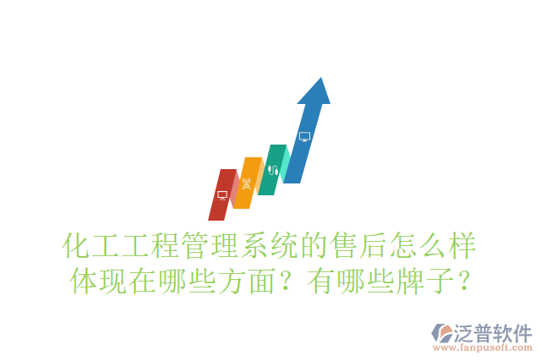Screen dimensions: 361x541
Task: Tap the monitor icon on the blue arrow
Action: click(x=304, y=136)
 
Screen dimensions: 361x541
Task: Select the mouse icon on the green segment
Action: click(x=272, y=169)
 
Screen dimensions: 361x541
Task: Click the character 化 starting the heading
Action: click(x=79, y=245)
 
